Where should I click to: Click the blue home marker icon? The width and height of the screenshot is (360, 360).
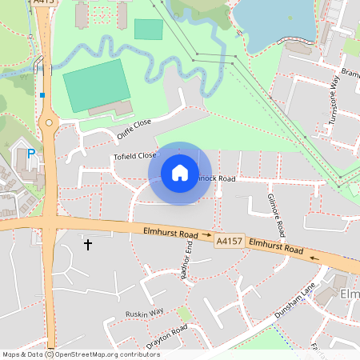pos(180,173)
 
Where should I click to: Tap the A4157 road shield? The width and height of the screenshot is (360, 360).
pos(230,239)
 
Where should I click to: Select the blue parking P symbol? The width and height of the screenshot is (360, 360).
pos(31,153)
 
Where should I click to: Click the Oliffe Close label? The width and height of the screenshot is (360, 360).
pos(133,128)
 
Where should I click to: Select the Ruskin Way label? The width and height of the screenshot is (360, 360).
pos(145,312)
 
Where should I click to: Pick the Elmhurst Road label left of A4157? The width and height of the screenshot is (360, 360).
pos(170,233)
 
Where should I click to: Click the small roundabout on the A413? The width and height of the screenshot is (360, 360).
pos(49,123)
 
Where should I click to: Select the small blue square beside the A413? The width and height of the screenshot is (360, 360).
pos(42,95)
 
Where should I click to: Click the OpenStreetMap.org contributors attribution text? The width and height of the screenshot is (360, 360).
pos(108,354)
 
